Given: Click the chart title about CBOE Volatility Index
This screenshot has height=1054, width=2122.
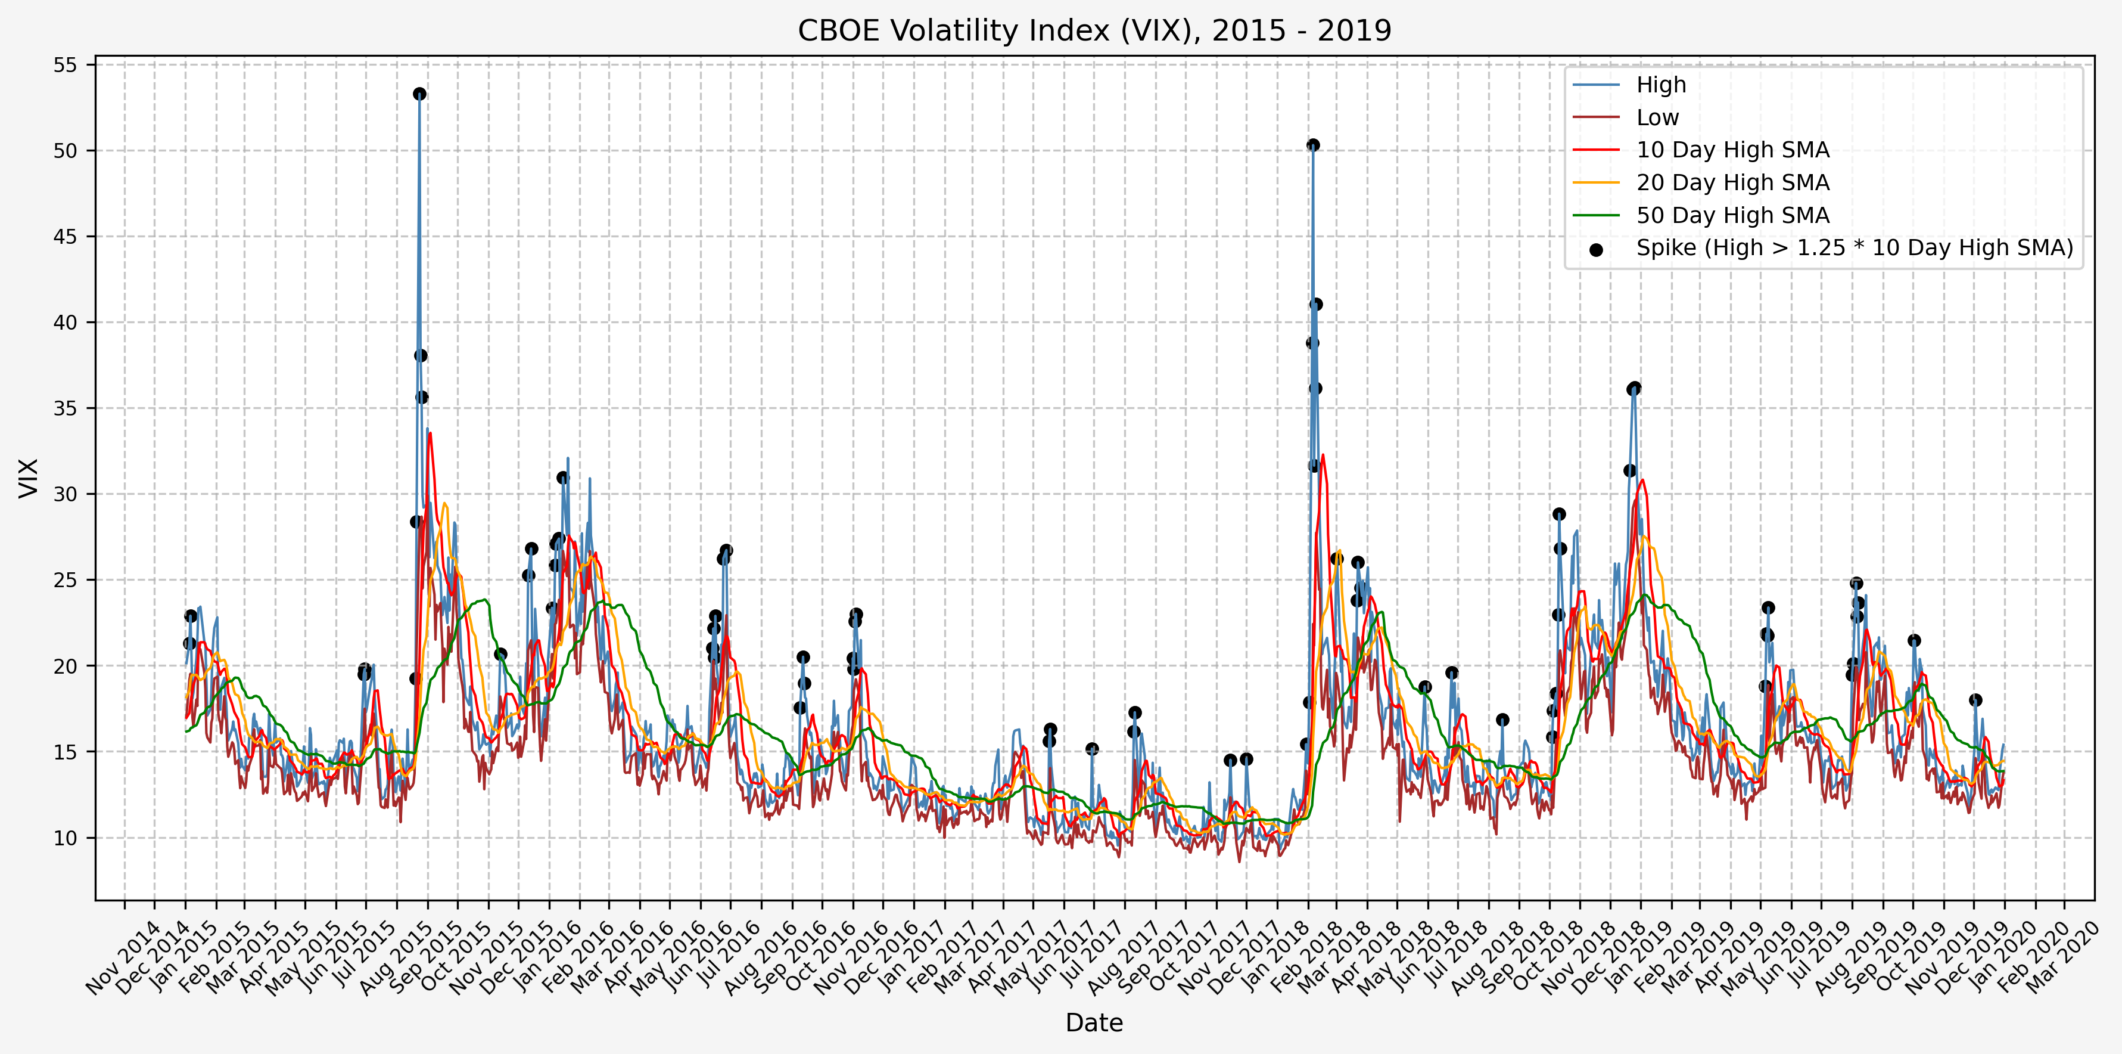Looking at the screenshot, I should point(1094,30).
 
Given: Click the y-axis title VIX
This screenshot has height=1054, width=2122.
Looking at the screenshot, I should point(28,478).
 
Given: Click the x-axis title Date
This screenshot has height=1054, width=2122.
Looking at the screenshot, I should point(1094,1022).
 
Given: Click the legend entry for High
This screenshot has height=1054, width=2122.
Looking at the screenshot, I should point(1661,85).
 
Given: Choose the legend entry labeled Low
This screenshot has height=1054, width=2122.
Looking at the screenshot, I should point(1657,118).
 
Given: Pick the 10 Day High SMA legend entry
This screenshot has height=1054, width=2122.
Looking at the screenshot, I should point(1732,150).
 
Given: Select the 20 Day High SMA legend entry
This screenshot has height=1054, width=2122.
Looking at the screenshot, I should point(1732,183).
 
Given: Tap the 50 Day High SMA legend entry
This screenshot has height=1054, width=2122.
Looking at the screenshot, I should point(1732,215).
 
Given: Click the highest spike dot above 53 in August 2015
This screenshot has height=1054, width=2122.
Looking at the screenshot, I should point(419,94).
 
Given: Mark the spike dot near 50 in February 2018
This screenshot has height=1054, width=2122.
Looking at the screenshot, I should point(1313,145).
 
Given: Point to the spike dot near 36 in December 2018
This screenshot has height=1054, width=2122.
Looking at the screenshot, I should point(1634,388).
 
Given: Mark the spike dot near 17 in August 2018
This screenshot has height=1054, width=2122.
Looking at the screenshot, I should point(1502,720).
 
